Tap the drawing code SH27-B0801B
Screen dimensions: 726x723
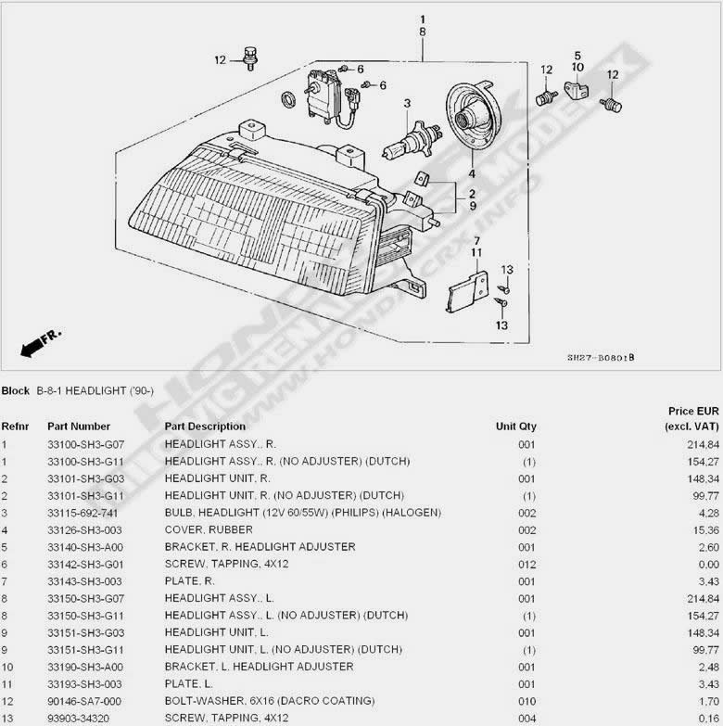point(601,357)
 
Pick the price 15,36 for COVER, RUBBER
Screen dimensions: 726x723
point(703,529)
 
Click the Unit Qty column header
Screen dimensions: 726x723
point(515,427)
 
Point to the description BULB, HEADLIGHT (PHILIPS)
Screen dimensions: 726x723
point(302,513)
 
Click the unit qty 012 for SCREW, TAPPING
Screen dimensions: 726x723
point(526,564)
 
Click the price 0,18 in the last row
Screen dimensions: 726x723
point(704,718)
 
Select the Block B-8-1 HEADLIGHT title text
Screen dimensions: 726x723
point(78,391)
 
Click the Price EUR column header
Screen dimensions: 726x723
point(693,411)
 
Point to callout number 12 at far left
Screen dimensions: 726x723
point(220,60)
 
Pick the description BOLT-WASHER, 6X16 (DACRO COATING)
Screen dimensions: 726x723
point(270,700)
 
